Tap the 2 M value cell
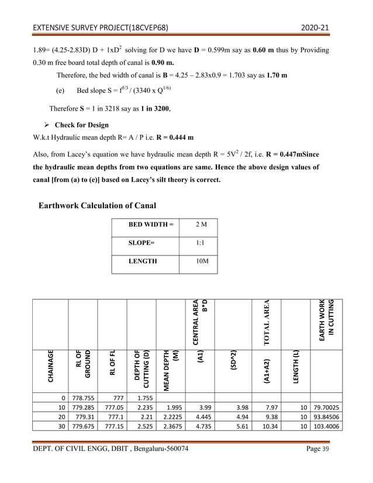[199, 225]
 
